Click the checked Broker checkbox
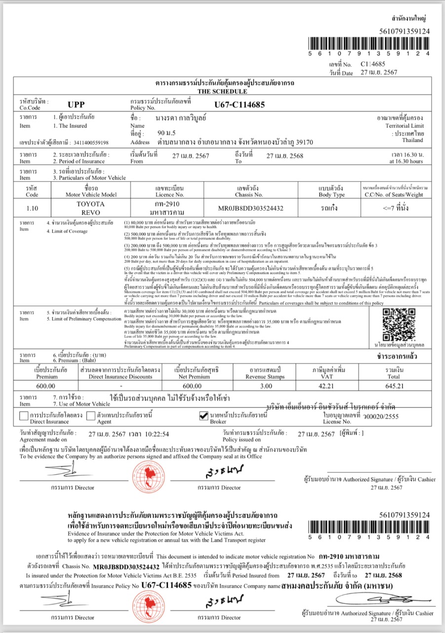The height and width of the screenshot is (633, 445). tap(203, 416)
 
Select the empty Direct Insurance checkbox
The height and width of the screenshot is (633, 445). tap(23, 416)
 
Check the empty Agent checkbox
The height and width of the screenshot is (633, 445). tap(90, 416)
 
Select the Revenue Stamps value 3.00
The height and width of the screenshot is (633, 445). tap(266, 386)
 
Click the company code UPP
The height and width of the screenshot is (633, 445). tap(77, 104)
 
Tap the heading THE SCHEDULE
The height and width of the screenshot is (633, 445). tap(222, 91)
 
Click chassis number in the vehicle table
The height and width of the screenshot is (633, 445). tap(251, 208)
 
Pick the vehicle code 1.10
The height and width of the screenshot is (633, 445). tap(32, 208)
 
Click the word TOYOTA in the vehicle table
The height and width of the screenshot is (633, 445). tap(90, 204)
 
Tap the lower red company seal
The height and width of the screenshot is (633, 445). tap(148, 607)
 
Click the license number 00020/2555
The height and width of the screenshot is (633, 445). tap(381, 417)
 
